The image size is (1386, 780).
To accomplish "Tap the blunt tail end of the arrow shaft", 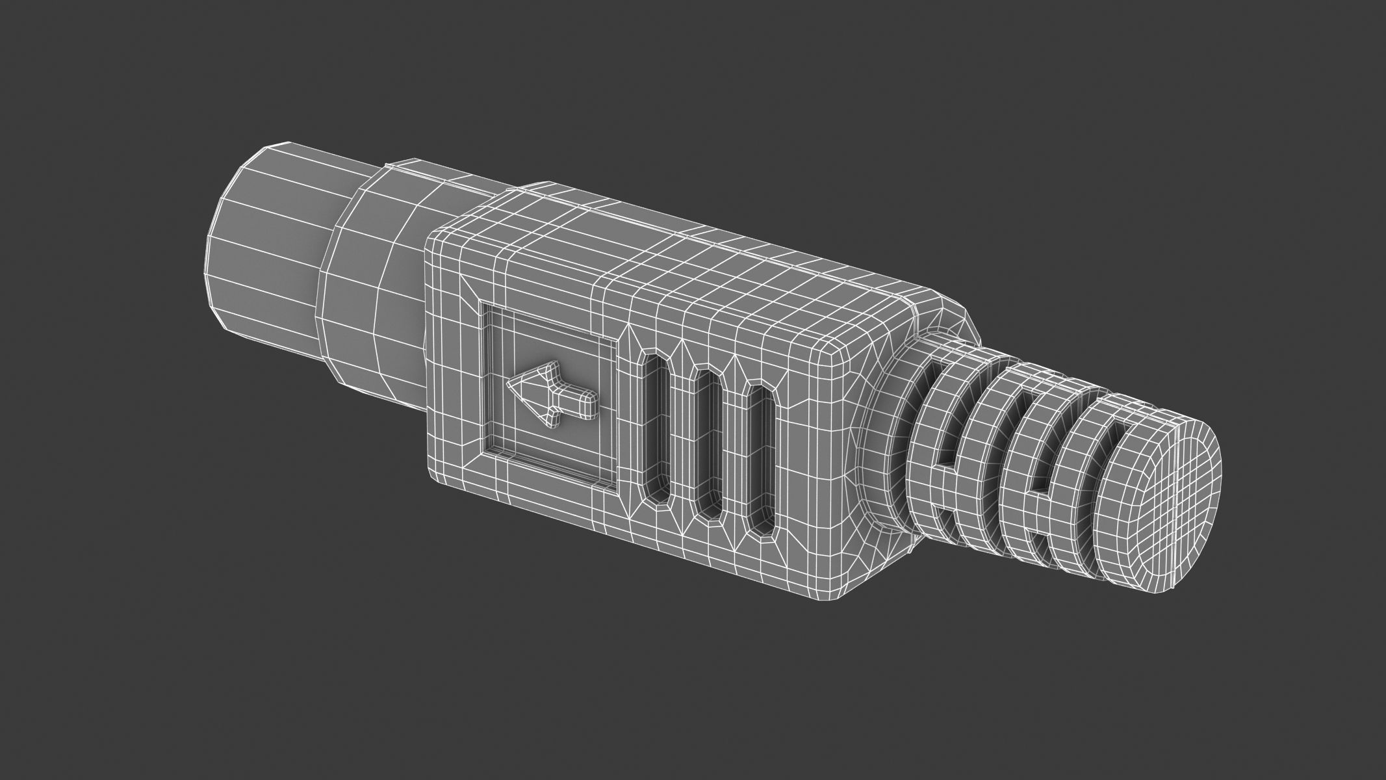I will click(595, 404).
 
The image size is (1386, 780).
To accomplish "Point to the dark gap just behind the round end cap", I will click(1105, 468).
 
